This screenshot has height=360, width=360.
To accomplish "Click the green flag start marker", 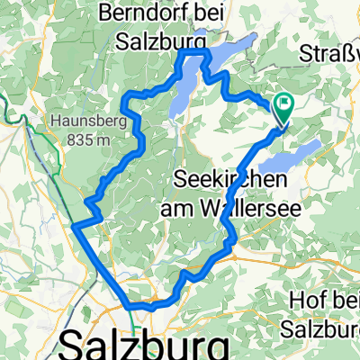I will [285, 106].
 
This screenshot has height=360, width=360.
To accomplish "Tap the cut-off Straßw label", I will [337, 49].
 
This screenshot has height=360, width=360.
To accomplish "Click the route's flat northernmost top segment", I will [194, 53].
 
